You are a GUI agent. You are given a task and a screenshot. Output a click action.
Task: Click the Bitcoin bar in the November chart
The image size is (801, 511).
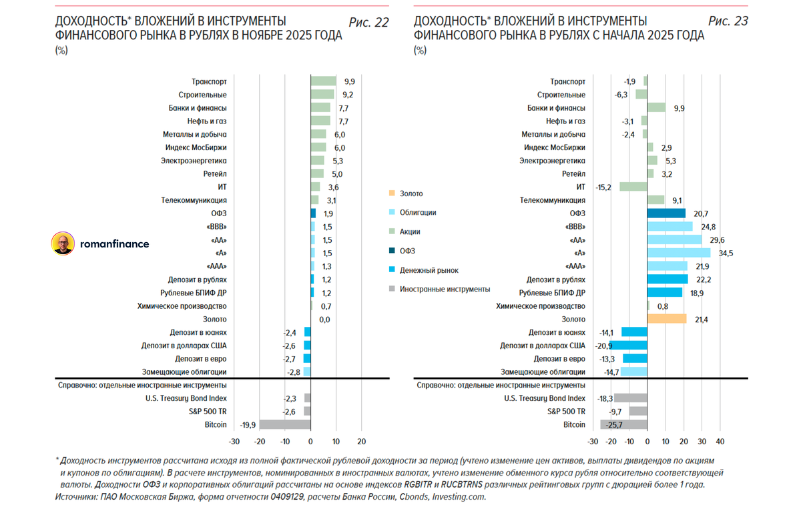point(285,424)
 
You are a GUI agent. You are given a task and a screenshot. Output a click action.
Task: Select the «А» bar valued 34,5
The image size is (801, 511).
point(678,253)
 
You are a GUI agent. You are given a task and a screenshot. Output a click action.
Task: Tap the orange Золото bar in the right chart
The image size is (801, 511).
point(666,319)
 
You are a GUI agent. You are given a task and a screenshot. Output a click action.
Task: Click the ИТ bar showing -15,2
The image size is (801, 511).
point(633,187)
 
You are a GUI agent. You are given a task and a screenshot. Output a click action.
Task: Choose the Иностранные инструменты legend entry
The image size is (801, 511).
point(445,290)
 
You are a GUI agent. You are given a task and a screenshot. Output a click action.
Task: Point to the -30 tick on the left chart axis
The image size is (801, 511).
point(234,442)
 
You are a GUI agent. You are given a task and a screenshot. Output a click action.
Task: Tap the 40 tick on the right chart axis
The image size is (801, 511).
point(720,442)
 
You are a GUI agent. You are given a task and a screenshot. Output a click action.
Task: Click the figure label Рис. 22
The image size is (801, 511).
point(368,22)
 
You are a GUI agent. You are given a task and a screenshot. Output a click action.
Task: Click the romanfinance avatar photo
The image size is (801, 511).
point(63,244)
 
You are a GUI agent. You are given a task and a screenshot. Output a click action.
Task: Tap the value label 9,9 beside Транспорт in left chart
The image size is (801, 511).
point(349,81)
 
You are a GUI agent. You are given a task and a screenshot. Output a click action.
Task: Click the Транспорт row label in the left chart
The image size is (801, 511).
point(209,81)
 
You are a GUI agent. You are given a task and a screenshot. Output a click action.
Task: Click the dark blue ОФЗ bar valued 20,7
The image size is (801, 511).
point(666,213)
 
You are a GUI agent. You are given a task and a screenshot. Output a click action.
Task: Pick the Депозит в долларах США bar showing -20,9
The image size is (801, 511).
point(628,346)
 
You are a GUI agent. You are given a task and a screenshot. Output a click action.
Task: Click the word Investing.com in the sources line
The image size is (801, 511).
point(459,497)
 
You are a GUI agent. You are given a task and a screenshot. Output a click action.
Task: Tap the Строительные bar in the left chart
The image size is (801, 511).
point(322,95)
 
